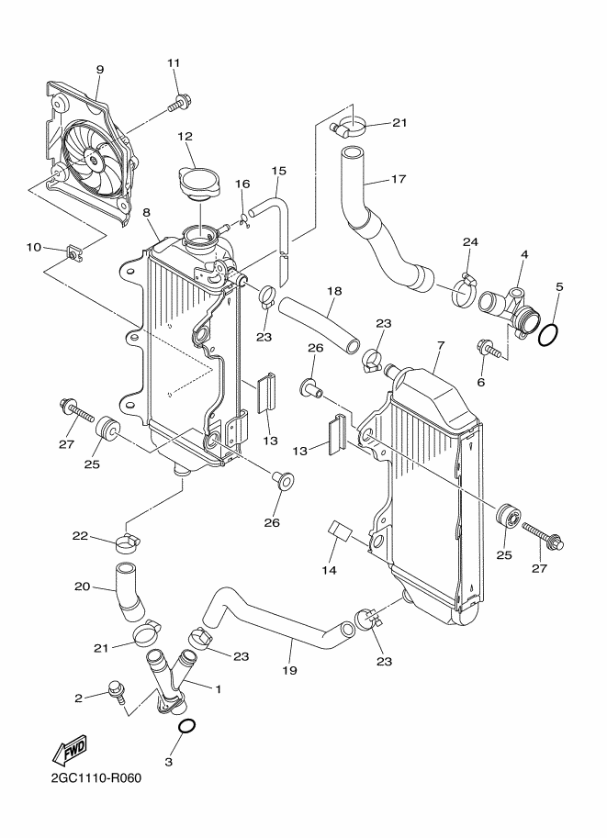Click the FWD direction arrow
click(x=69, y=752)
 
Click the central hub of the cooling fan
click(x=94, y=159)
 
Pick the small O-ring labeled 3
click(x=186, y=726)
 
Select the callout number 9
click(x=100, y=70)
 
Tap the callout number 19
click(x=289, y=670)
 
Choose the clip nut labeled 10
click(x=73, y=251)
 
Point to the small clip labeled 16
click(x=245, y=219)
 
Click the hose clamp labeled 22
click(x=128, y=542)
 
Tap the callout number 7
click(x=441, y=345)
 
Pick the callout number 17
click(x=399, y=178)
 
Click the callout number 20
click(x=82, y=587)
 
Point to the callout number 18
click(x=335, y=291)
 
